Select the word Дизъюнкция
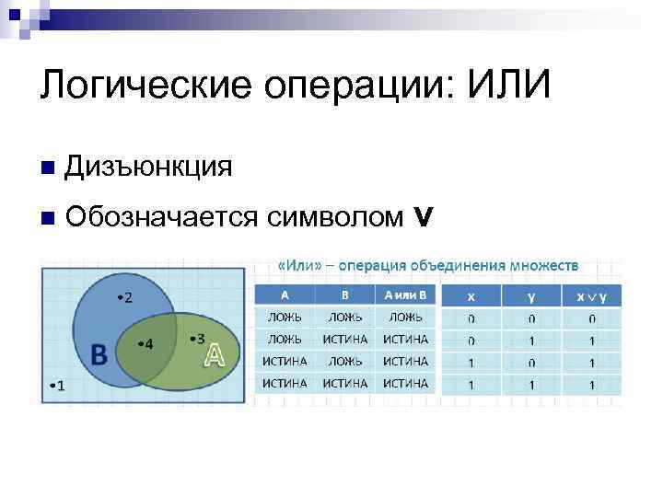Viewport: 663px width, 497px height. click(148, 167)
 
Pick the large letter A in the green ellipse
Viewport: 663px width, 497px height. click(214, 354)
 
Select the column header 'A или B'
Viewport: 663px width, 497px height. click(405, 295)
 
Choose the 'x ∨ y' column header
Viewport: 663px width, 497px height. click(592, 296)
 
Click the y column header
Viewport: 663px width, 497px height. click(531, 296)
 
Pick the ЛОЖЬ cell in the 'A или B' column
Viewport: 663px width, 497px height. click(405, 317)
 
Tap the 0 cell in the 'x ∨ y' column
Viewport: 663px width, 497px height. click(592, 318)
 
